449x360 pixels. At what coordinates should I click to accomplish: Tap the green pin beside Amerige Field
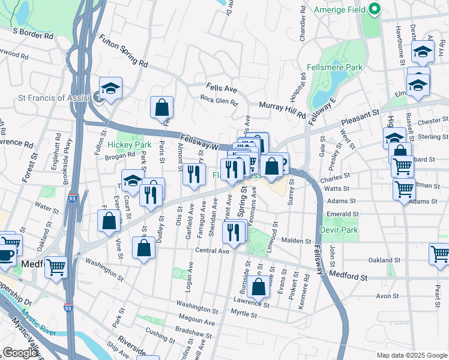[x=375, y=10]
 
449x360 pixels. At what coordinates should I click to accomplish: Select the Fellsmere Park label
[x=340, y=68]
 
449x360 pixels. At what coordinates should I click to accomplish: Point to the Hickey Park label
[x=130, y=145]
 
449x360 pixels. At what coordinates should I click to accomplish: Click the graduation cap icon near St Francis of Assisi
[x=111, y=89]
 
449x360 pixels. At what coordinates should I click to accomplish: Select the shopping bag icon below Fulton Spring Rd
[x=162, y=108]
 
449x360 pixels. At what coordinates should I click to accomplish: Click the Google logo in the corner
[x=20, y=353]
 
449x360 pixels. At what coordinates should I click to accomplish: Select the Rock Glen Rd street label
[x=219, y=100]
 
